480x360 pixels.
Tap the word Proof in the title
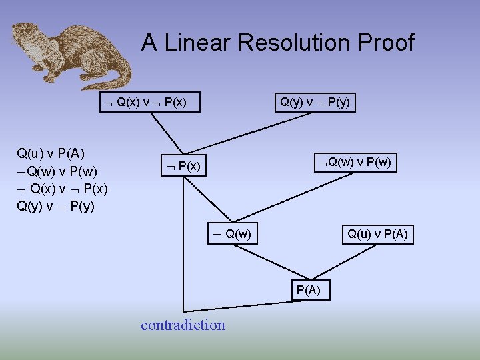click(x=385, y=43)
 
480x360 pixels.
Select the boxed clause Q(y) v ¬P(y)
click(x=315, y=102)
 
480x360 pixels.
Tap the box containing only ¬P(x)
click(x=182, y=165)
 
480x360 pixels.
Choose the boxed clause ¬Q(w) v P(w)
click(x=356, y=162)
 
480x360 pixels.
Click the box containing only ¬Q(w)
click(x=231, y=234)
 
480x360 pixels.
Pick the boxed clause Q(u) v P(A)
click(x=377, y=234)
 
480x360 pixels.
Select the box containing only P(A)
click(x=308, y=289)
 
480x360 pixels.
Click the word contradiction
click(x=183, y=325)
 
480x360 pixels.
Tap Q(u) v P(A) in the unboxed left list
click(x=51, y=154)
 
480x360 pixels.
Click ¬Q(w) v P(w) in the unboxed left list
click(x=53, y=171)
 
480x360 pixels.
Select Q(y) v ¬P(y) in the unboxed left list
click(x=55, y=205)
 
